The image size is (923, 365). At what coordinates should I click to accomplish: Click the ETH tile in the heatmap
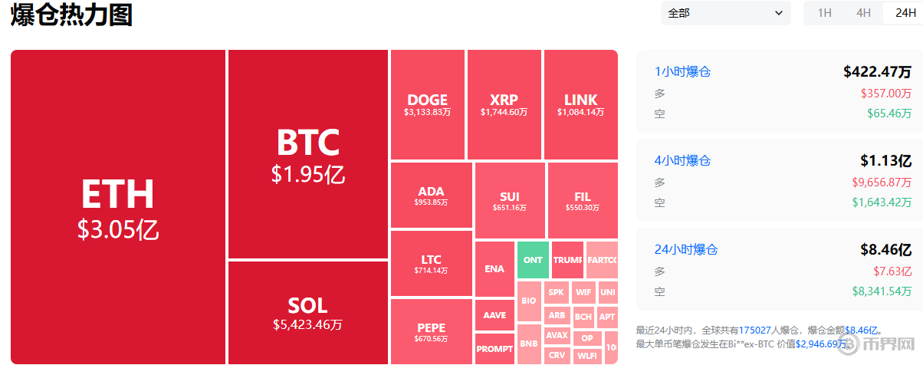coord(118,207)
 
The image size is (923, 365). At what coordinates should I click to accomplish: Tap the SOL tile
coord(307,313)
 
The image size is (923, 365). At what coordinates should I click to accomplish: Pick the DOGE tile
coord(427,105)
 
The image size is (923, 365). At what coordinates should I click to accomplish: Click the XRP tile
coord(504,105)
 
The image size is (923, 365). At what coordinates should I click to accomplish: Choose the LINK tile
coord(580,105)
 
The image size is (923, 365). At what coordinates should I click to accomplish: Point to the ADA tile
coord(431,196)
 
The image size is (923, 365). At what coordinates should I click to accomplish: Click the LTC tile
coord(431,264)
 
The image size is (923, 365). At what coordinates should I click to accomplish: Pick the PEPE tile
coord(431,331)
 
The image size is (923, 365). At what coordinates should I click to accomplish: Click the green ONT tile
coord(533,260)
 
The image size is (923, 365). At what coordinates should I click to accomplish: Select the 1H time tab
coord(824,13)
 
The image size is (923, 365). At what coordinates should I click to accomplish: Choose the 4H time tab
coord(863,13)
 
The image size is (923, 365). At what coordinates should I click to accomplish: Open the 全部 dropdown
coord(725,13)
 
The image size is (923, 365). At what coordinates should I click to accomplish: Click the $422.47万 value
coord(877,72)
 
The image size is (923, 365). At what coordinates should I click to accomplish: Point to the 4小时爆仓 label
coord(682,161)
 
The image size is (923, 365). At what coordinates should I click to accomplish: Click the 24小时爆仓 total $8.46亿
coord(885,249)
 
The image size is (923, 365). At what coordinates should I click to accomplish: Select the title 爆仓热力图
coord(71,15)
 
